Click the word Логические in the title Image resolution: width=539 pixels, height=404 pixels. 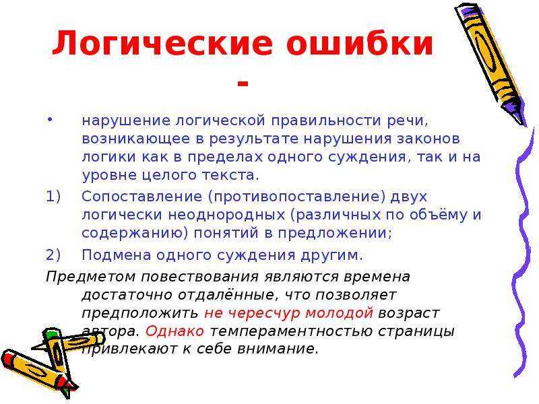coord(163,44)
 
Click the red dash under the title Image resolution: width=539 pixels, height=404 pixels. coord(243,83)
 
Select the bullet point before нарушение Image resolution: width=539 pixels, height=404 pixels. coord(50,119)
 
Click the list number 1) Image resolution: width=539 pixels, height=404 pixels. coord(53,197)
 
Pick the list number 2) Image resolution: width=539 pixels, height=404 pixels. coord(53,255)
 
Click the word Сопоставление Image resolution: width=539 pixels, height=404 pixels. coord(142,197)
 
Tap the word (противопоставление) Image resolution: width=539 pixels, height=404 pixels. coord(296,197)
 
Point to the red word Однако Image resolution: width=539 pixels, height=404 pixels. coord(175,331)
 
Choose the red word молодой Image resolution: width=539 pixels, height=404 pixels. coord(339,313)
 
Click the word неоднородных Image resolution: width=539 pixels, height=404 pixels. coord(226,215)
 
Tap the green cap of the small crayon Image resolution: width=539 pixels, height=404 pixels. coord(53,333)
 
